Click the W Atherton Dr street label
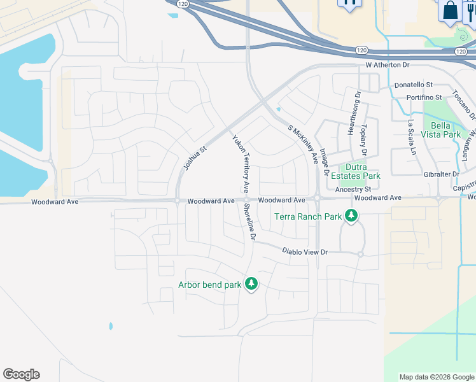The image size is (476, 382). point(387,65)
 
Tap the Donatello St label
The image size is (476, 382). point(413,84)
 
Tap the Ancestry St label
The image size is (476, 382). point(353,190)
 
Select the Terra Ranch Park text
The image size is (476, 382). point(308,216)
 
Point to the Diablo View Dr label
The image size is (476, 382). point(305,252)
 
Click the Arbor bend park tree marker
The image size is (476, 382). point(251,284)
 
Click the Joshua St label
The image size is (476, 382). point(195,158)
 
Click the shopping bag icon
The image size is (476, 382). point(450,10)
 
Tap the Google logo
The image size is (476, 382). point(21,374)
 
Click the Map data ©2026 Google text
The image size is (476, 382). point(437,377)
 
